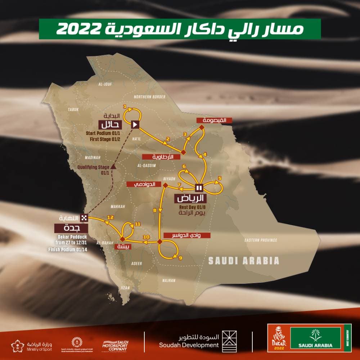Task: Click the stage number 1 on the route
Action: point(125,107)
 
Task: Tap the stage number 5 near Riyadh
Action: point(220,178)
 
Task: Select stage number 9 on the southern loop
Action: point(180,258)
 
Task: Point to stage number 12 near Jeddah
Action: point(111,217)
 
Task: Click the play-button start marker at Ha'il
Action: point(135,125)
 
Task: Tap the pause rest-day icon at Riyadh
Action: point(199,187)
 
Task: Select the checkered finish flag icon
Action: point(84,217)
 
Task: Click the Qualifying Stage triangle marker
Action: point(113,166)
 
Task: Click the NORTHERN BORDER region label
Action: point(149,97)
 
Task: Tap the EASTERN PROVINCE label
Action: point(261,240)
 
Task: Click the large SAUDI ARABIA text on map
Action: point(244,261)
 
